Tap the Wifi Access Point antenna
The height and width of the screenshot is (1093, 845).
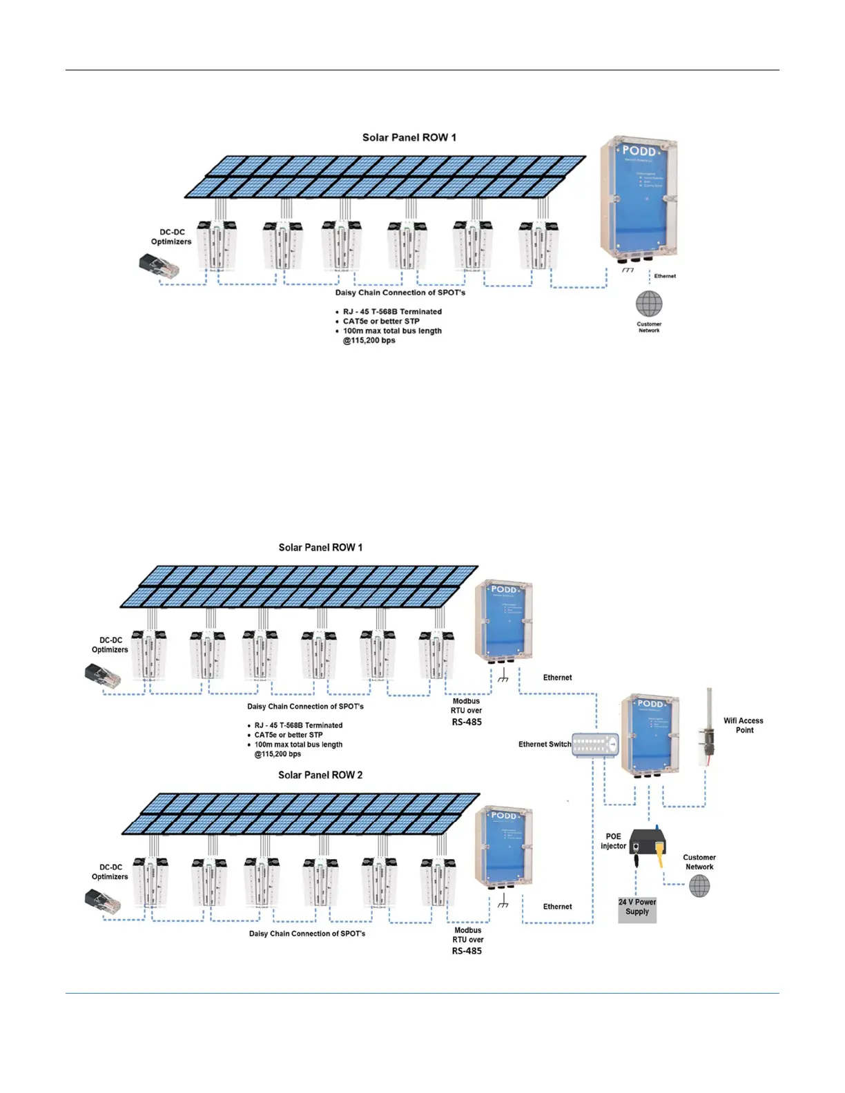[708, 727]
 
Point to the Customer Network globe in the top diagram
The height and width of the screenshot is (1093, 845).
[649, 303]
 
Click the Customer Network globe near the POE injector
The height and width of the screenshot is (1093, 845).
[699, 886]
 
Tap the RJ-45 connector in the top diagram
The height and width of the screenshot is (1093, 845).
[159, 265]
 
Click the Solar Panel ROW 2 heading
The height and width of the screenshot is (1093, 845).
[320, 775]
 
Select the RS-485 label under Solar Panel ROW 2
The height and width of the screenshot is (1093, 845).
[467, 951]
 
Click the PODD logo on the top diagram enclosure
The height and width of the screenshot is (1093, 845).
[639, 150]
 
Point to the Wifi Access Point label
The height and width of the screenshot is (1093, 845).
[744, 725]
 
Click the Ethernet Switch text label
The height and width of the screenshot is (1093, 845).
[545, 745]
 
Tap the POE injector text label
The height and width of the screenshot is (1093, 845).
[613, 841]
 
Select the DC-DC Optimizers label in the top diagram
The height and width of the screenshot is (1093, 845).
[171, 237]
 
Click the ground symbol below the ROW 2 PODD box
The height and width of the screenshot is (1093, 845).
[503, 903]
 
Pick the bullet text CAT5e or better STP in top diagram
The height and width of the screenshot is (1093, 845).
[381, 321]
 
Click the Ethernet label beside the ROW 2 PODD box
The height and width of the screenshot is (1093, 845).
[557, 907]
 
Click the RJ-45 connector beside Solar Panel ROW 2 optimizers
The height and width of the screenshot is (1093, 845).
[102, 901]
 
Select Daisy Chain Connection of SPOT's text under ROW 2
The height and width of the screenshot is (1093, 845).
[307, 934]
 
